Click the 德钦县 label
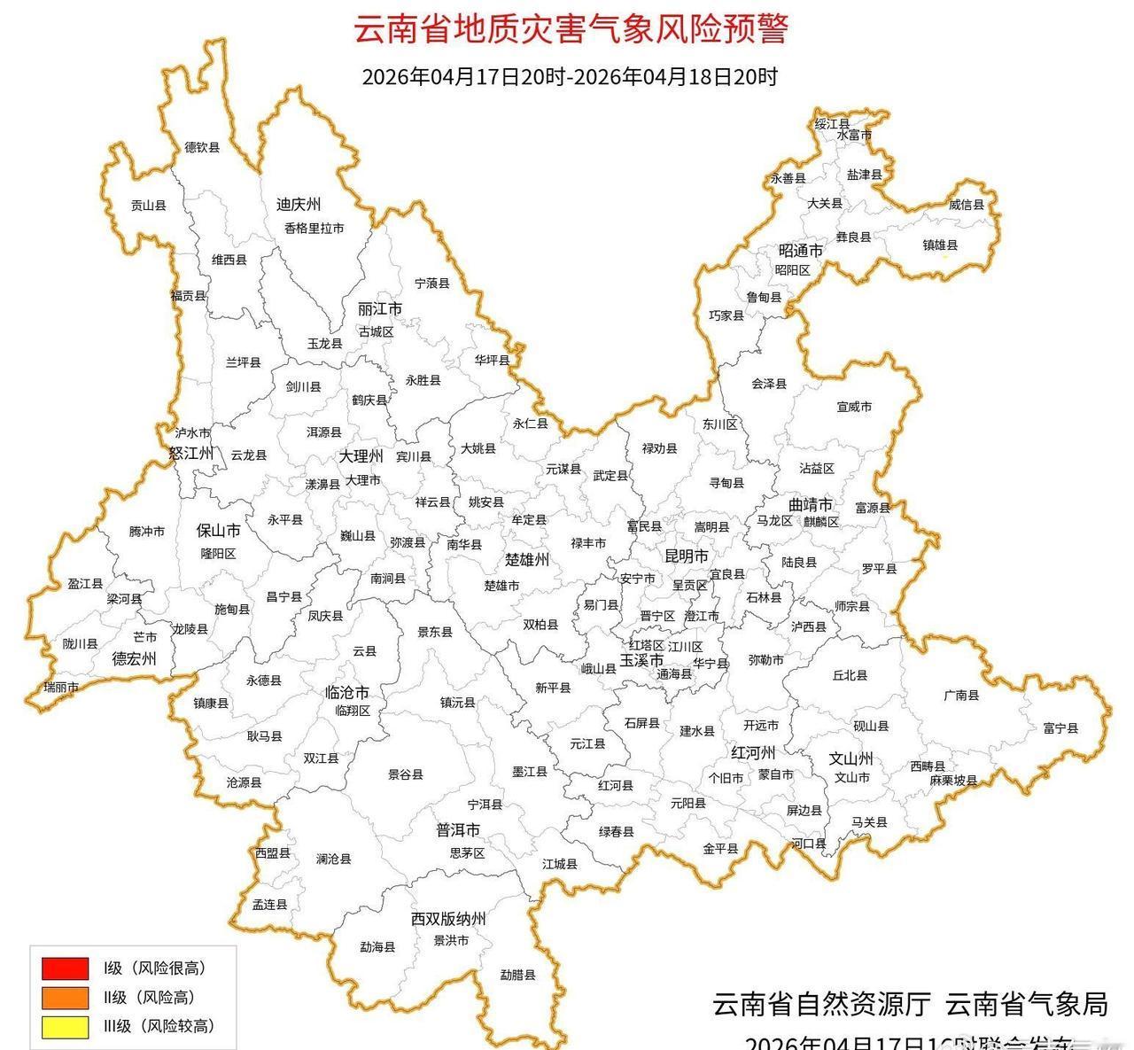pyautogui.click(x=202, y=148)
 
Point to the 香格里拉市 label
pyautogui.click(x=314, y=228)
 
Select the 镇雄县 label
pyautogui.click(x=940, y=245)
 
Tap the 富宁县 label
pyautogui.click(x=1060, y=728)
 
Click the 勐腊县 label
pyautogui.click(x=517, y=975)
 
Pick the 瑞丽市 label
pyautogui.click(x=61, y=688)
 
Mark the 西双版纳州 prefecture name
pyautogui.click(x=448, y=920)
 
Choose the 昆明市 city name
pyautogui.click(x=687, y=556)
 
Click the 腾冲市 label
pyautogui.click(x=146, y=532)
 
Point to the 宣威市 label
pyautogui.click(x=854, y=407)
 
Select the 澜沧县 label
pyautogui.click(x=333, y=859)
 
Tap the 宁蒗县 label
pyautogui.click(x=432, y=284)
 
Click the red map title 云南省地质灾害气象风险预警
pyautogui.click(x=571, y=29)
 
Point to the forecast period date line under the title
pyautogui.click(x=570, y=77)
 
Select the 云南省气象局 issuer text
pyautogui.click(x=1027, y=1004)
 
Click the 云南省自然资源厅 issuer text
pyautogui.click(x=821, y=1004)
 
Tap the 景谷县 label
pyautogui.click(x=406, y=774)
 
